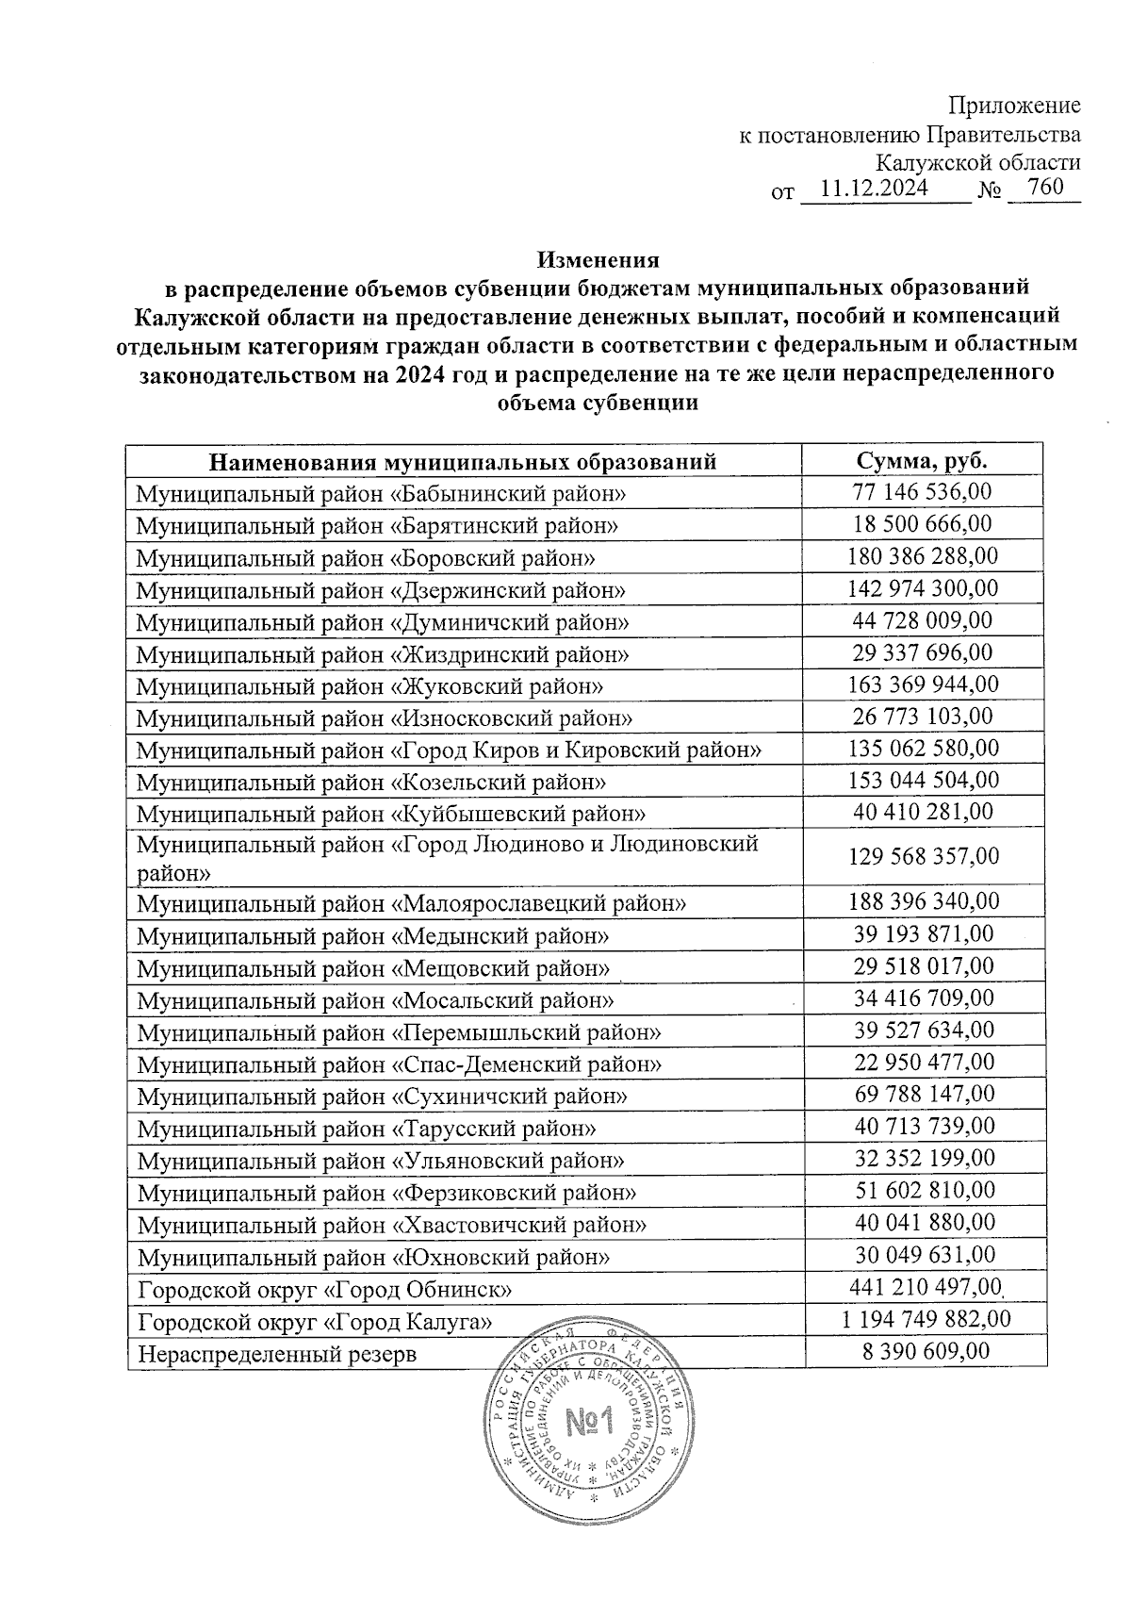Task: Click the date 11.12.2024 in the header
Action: tap(875, 189)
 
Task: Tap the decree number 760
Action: tap(1045, 187)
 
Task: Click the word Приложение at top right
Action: tap(1014, 106)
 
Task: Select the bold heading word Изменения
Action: tap(598, 259)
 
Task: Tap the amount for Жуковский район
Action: tap(924, 685)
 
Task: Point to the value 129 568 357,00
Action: tap(924, 856)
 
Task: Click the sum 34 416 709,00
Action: tap(924, 998)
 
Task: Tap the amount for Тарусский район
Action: tap(924, 1126)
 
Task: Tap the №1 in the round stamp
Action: tap(589, 1422)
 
